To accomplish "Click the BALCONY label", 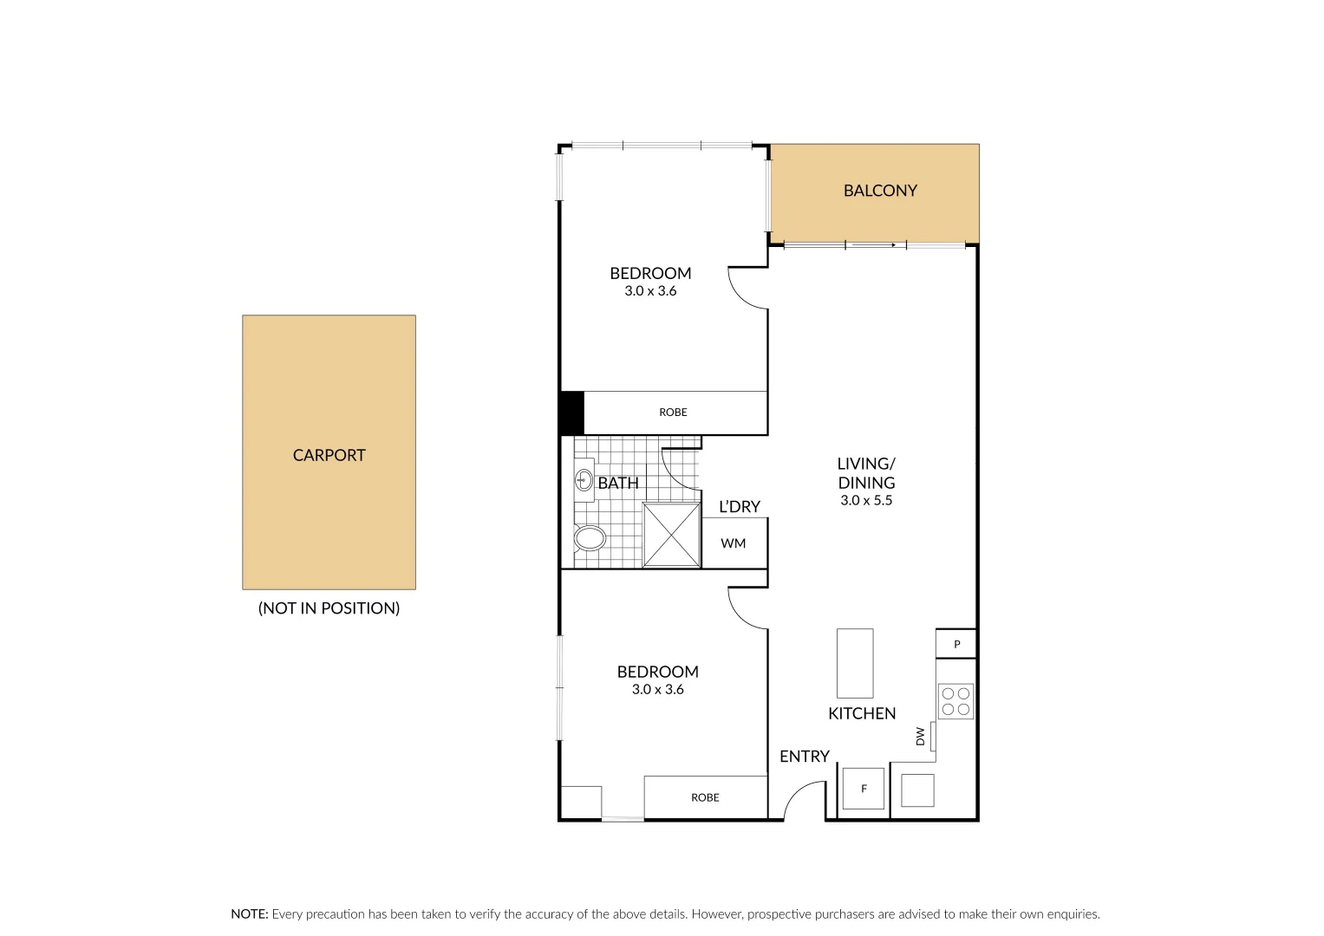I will [880, 191].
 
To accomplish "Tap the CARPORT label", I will [329, 455].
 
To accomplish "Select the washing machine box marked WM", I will [734, 543].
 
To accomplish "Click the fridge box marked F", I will [864, 789].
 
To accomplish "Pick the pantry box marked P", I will [956, 644].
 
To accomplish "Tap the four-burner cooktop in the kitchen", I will [955, 701].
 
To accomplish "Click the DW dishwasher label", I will [921, 737].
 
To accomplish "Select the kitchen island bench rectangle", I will [854, 663].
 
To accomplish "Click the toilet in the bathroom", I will [590, 538].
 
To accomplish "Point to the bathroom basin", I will [584, 480].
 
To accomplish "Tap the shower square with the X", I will [671, 535].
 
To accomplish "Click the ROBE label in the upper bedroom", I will [673, 413].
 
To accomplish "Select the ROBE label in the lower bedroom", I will [705, 797].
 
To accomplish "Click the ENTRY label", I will [804, 757].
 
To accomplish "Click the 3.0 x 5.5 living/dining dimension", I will [865, 501].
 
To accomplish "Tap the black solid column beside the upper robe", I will [571, 413].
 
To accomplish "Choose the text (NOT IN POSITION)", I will [329, 608].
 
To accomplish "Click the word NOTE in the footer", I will [249, 914].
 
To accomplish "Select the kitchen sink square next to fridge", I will [917, 790].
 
